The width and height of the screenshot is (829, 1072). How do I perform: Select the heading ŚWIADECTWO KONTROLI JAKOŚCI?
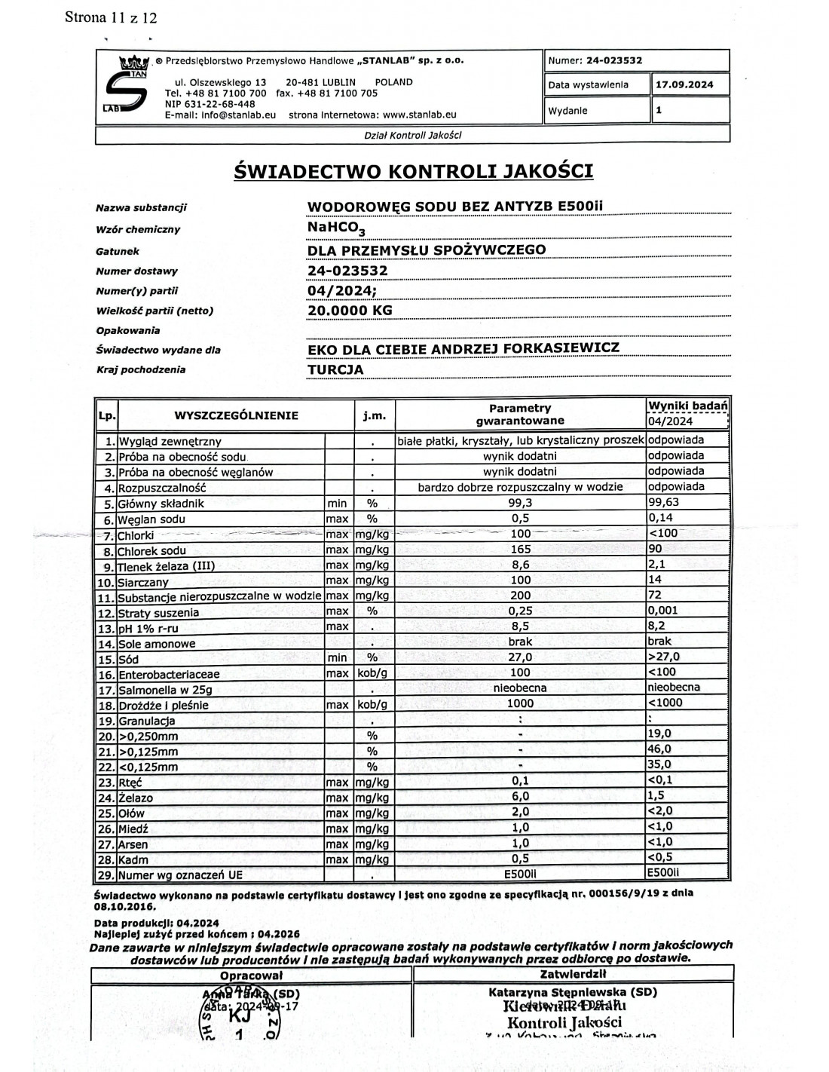pyautogui.click(x=414, y=171)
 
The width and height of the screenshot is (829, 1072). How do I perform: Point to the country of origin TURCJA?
pyautogui.click(x=335, y=369)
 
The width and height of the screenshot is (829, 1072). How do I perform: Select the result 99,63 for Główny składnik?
pyautogui.click(x=664, y=502)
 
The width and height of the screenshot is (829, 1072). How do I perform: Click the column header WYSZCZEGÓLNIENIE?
pyautogui.click(x=236, y=415)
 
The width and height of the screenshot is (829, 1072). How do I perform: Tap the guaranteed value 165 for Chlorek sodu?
pyautogui.click(x=520, y=550)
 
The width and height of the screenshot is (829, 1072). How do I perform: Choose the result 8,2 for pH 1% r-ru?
pyautogui.click(x=656, y=626)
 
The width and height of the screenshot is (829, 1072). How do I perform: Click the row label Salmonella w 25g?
pyautogui.click(x=165, y=690)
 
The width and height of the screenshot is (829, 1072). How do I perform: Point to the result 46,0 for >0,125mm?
pyautogui.click(x=659, y=749)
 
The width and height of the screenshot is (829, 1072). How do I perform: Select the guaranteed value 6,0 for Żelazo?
pyautogui.click(x=520, y=796)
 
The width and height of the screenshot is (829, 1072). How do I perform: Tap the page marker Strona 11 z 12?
pyautogui.click(x=111, y=17)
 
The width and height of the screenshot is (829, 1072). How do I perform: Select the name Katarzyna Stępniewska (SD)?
pyautogui.click(x=573, y=992)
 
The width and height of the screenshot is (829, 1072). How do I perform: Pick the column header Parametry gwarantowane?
pyautogui.click(x=520, y=414)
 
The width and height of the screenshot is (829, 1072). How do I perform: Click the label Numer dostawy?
pyautogui.click(x=137, y=271)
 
